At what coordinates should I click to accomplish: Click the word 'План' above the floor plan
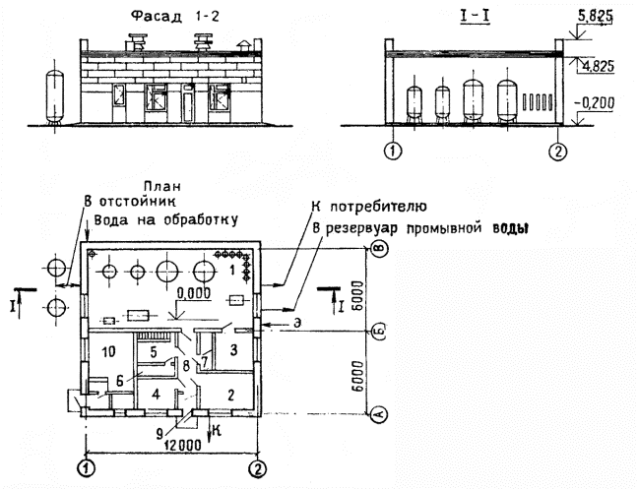(x=161, y=186)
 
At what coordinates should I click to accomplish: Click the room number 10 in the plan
(x=109, y=350)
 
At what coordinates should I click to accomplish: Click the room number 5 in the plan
(x=153, y=349)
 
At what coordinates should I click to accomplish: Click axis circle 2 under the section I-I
(x=558, y=153)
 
